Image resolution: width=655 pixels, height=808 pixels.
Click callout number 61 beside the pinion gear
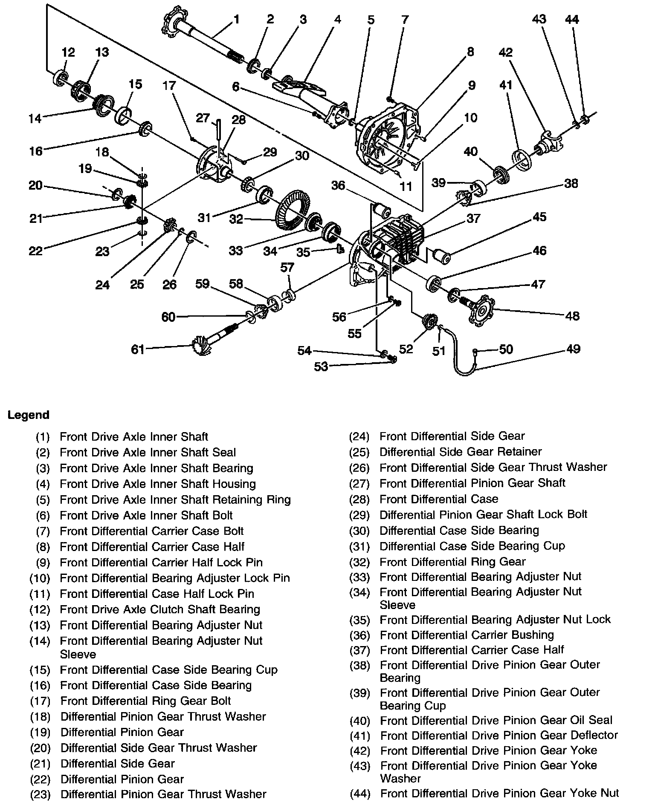pyautogui.click(x=138, y=349)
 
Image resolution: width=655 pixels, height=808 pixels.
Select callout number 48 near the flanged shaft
pyautogui.click(x=572, y=316)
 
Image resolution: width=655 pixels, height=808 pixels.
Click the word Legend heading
pyautogui.click(x=29, y=415)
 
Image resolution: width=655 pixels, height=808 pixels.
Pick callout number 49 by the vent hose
pyautogui.click(x=574, y=349)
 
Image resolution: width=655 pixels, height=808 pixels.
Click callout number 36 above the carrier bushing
pyautogui.click(x=338, y=185)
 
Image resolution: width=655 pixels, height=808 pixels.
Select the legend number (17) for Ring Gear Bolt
pyautogui.click(x=41, y=701)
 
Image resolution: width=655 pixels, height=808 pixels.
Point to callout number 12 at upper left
pyautogui.click(x=68, y=52)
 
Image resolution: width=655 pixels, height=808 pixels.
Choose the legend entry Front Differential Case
pyautogui.click(x=439, y=499)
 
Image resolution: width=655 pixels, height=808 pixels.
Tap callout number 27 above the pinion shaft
pyautogui.click(x=203, y=118)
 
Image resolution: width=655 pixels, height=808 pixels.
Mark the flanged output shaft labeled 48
pyautogui.click(x=482, y=311)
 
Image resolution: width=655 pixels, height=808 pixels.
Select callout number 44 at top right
pyautogui.click(x=572, y=19)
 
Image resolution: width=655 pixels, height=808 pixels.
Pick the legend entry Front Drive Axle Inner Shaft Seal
pyautogui.click(x=148, y=452)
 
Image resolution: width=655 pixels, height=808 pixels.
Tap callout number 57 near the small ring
pyautogui.click(x=287, y=267)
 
